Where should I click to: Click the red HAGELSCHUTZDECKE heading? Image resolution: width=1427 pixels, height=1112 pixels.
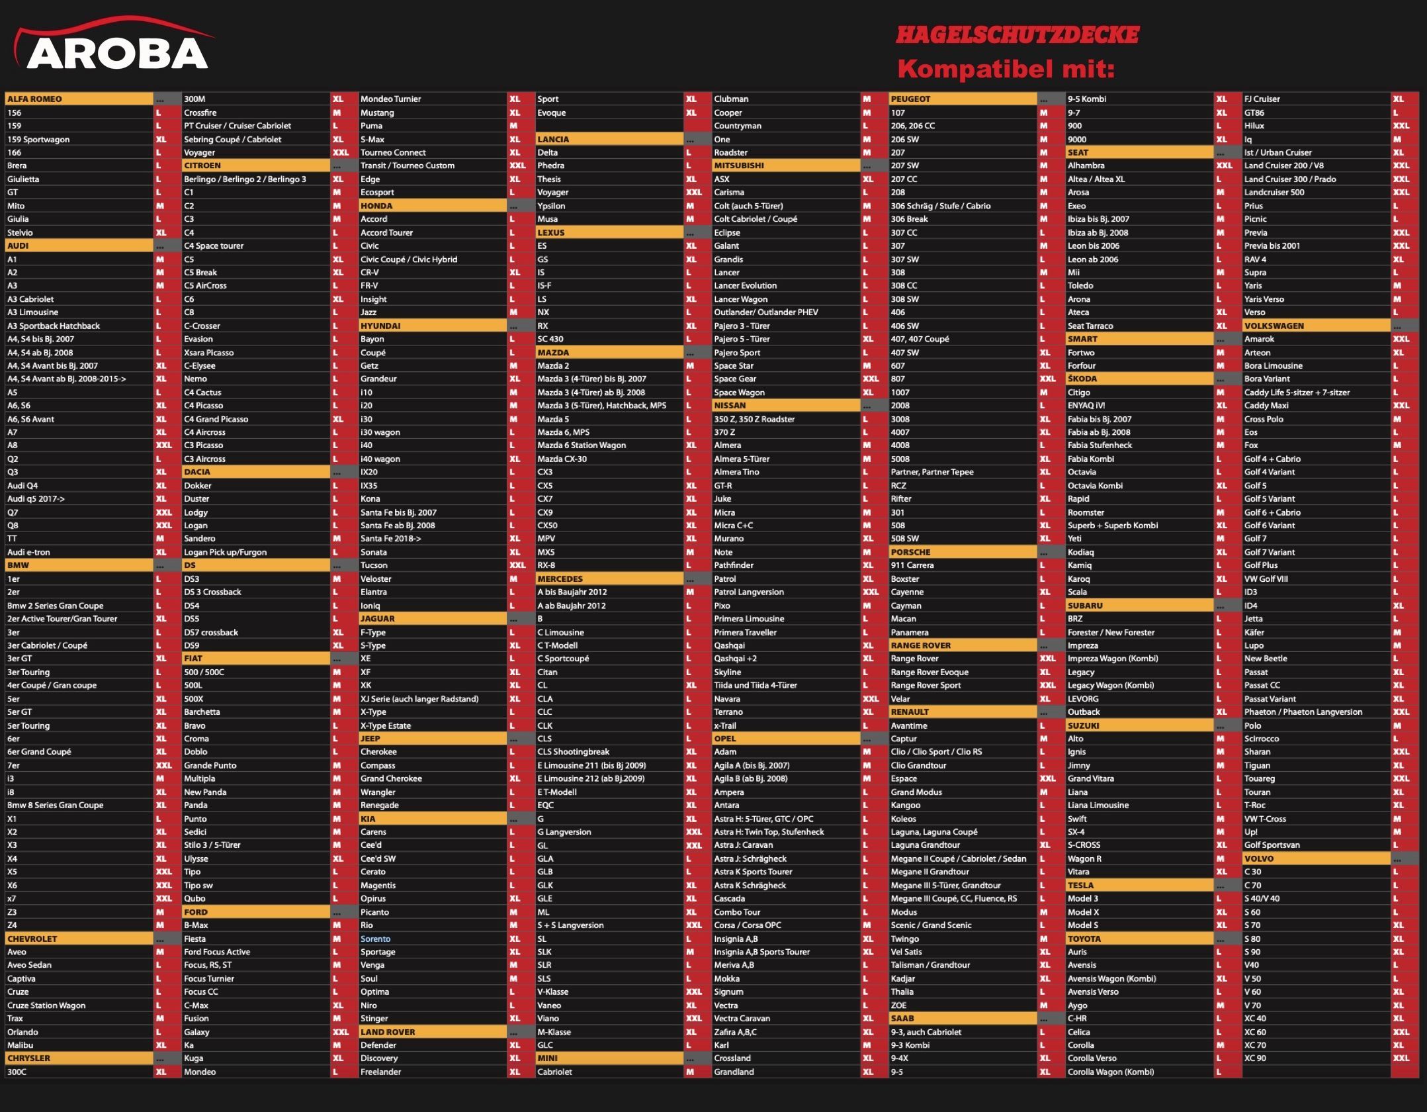(x=1017, y=35)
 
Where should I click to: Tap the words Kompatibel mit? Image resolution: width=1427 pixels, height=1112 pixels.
(x=1006, y=68)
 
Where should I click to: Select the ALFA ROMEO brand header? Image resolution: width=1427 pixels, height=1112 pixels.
(x=34, y=99)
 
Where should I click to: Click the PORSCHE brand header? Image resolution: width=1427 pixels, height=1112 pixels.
(x=910, y=552)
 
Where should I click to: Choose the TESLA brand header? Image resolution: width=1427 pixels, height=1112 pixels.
(x=1080, y=885)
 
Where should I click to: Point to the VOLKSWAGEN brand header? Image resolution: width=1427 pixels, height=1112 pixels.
(x=1274, y=326)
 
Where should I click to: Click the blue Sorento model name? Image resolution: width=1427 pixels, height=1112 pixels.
(x=375, y=939)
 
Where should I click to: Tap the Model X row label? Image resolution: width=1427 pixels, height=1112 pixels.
(x=1083, y=912)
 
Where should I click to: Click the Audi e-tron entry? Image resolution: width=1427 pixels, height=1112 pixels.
(x=28, y=552)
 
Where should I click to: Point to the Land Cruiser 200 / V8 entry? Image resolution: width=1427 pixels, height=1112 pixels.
(x=1283, y=165)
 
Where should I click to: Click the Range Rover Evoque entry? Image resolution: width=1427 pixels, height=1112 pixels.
(x=930, y=672)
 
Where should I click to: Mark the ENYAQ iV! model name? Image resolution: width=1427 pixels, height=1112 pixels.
(x=1086, y=405)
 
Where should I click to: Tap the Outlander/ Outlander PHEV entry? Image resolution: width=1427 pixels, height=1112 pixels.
(x=765, y=312)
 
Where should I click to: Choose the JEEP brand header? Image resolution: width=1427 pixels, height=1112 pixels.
(x=370, y=739)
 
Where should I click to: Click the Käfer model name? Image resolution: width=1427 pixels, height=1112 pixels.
(x=1254, y=632)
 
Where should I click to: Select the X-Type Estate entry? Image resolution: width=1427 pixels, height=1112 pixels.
(x=386, y=725)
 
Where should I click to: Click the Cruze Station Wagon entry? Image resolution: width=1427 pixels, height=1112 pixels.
(x=46, y=1005)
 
